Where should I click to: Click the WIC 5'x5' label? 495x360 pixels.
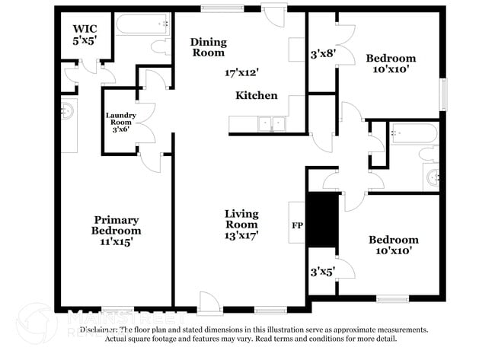pyautogui.click(x=85, y=34)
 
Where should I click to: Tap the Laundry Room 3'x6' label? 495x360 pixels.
pyautogui.click(x=120, y=123)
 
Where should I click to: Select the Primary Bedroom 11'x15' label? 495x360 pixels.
pyautogui.click(x=117, y=231)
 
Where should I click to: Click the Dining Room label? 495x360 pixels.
pyautogui.click(x=209, y=47)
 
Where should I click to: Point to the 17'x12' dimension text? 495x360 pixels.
pyautogui.click(x=242, y=73)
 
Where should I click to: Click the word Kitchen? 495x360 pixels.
pyautogui.click(x=256, y=96)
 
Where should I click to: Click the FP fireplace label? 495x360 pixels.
pyautogui.click(x=296, y=226)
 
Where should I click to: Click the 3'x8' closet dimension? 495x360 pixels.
pyautogui.click(x=322, y=55)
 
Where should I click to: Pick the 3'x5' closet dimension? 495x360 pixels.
pyautogui.click(x=321, y=271)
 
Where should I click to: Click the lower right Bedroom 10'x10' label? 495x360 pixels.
pyautogui.click(x=394, y=246)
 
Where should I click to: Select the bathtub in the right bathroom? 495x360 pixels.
pyautogui.click(x=413, y=135)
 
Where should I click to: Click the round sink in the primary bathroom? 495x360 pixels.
pyautogui.click(x=69, y=111)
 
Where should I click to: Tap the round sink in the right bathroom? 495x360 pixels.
pyautogui.click(x=433, y=177)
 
